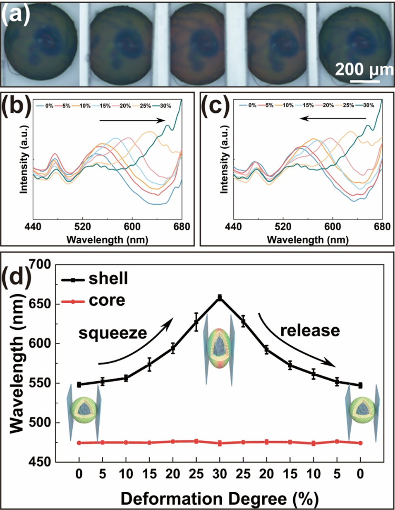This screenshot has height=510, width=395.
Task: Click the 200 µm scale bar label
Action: (363, 68)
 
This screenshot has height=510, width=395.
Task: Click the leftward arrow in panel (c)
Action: (333, 119)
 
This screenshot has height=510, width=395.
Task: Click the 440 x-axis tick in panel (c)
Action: (233, 227)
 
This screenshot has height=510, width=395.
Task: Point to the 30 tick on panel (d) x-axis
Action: (220, 473)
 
